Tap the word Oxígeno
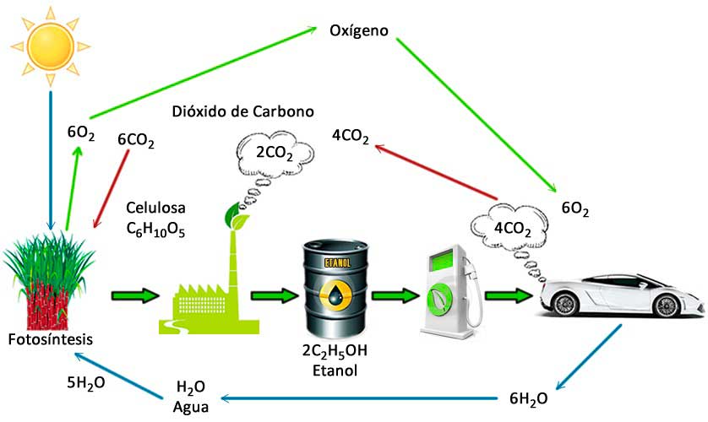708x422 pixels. coord(358,31)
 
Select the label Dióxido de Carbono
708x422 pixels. coord(242,111)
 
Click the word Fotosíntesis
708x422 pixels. coord(49,339)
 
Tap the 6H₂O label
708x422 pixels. coord(529,398)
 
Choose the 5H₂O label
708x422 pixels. coord(86,381)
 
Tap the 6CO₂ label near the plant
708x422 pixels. coord(136,142)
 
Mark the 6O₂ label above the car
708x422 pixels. coord(575,208)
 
